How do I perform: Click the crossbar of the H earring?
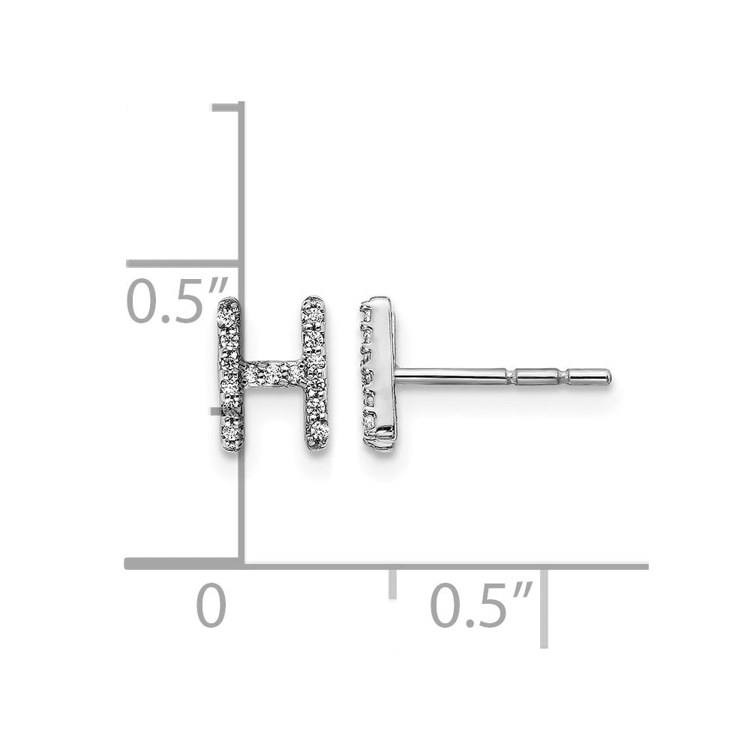pyautogui.click(x=273, y=373)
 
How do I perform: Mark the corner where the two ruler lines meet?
pyautogui.click(x=241, y=563)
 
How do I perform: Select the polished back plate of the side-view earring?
pyautogui.click(x=382, y=371)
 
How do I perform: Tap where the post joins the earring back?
pyautogui.click(x=397, y=373)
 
